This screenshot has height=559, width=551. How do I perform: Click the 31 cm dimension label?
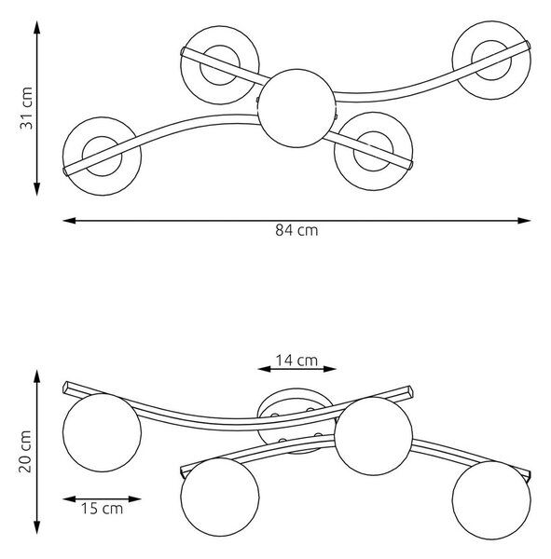[26, 108]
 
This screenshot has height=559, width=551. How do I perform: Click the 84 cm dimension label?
[296, 230]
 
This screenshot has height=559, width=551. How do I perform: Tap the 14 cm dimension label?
[296, 361]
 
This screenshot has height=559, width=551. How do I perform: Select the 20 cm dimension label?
[25, 452]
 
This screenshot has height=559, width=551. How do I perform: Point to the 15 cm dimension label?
[102, 509]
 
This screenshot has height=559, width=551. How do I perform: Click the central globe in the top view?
[296, 108]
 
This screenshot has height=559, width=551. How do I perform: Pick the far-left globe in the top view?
[102, 157]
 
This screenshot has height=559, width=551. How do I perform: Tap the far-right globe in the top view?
[491, 61]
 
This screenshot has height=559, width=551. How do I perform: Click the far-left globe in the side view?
[102, 432]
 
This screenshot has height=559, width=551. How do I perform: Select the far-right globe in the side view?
[491, 499]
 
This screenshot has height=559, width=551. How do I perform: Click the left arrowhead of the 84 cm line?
[69, 221]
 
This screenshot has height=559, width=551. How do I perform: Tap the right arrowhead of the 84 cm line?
[524, 221]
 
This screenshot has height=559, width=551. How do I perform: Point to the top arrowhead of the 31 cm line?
[36, 27]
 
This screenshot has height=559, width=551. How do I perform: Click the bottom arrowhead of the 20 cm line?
[36, 527]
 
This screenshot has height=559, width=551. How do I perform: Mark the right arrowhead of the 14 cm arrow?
[330, 369]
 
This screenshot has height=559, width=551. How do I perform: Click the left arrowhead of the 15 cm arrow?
[69, 499]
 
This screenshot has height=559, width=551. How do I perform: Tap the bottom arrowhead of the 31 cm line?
[36, 189]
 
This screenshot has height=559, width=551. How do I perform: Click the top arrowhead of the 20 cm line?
[36, 376]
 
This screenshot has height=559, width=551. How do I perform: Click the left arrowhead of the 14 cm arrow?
[264, 369]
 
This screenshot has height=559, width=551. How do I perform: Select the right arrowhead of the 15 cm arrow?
[135, 499]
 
